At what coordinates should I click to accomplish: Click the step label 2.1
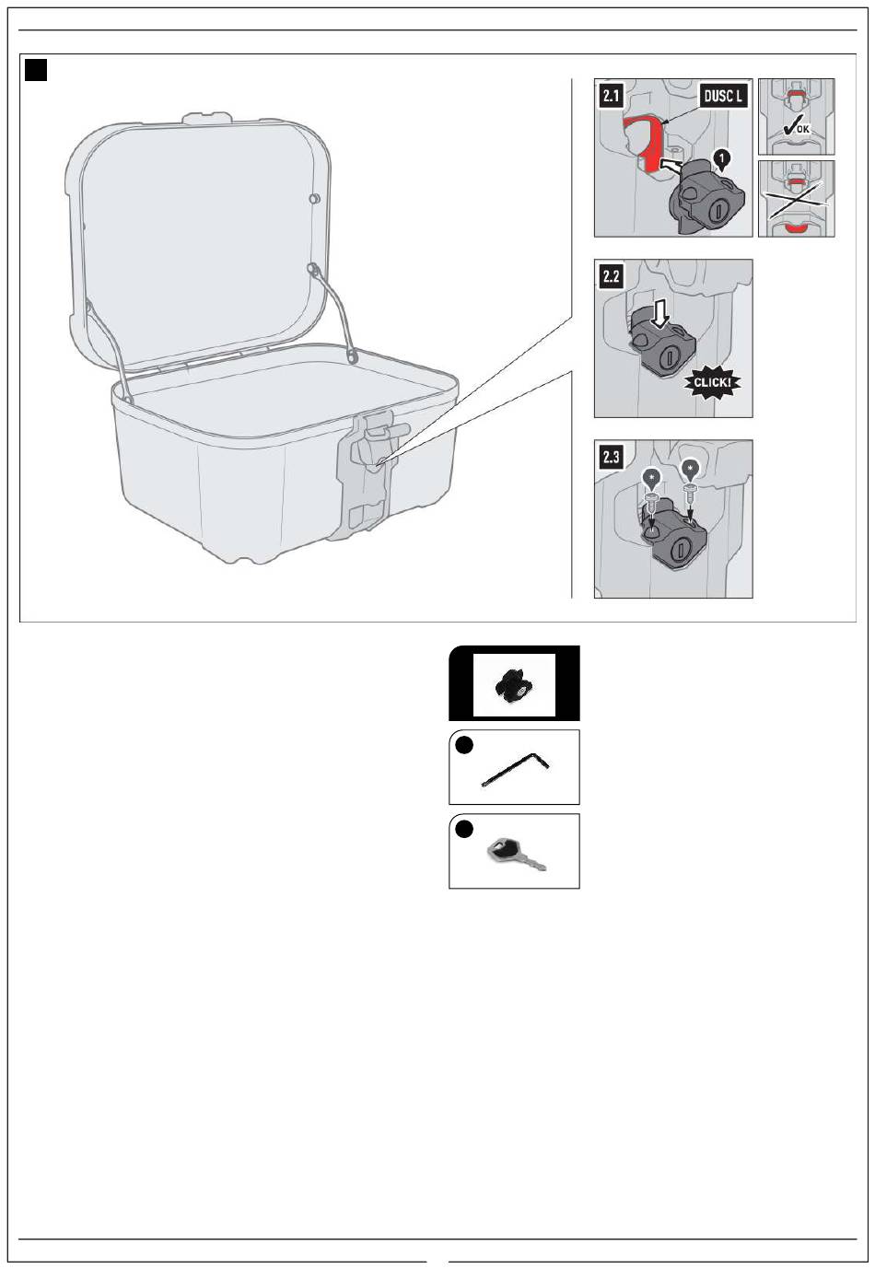pos(610,96)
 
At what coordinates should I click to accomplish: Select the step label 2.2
pos(611,276)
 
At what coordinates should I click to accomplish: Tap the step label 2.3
pos(611,457)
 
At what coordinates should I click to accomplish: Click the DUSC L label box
pos(722,96)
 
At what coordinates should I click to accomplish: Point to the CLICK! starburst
pos(712,382)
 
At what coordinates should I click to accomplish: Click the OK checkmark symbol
pos(796,128)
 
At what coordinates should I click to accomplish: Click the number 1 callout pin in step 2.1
pos(721,159)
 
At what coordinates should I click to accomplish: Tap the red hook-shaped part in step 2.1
pos(646,140)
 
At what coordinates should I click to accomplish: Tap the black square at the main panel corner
pos(36,70)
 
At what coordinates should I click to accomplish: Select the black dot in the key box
pos(464,829)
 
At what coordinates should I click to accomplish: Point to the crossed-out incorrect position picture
pos(796,199)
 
